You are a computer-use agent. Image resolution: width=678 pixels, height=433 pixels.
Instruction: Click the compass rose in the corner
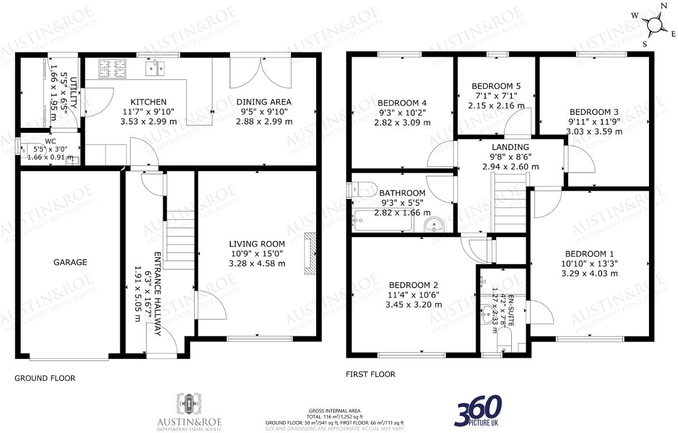pyautogui.click(x=653, y=25)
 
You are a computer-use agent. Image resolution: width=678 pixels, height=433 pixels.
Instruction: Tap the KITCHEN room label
pyautogui.click(x=148, y=102)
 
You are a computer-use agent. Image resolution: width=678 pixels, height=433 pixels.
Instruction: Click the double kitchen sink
pyautogui.click(x=155, y=68)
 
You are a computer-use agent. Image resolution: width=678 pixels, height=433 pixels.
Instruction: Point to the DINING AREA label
pyautogui.click(x=264, y=102)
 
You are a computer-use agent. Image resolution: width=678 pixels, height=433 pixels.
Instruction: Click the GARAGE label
pyautogui.click(x=70, y=262)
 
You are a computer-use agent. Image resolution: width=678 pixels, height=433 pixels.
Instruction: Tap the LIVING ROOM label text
pyautogui.click(x=257, y=244)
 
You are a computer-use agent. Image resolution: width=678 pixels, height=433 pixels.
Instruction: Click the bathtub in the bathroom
pyautogui.click(x=382, y=222)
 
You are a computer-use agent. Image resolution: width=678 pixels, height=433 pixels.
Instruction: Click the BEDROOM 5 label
pyautogui.click(x=496, y=86)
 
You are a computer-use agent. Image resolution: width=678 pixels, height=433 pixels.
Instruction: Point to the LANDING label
pyautogui.click(x=510, y=147)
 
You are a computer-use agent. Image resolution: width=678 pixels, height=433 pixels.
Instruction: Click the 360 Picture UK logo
pyautogui.click(x=478, y=412)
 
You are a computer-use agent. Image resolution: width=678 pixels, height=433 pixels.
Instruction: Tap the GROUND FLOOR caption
pyautogui.click(x=45, y=378)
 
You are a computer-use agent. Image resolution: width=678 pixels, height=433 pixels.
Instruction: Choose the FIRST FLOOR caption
pyautogui.click(x=371, y=374)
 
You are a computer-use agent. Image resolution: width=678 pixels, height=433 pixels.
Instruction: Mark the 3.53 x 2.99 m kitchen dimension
pyautogui.click(x=148, y=121)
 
